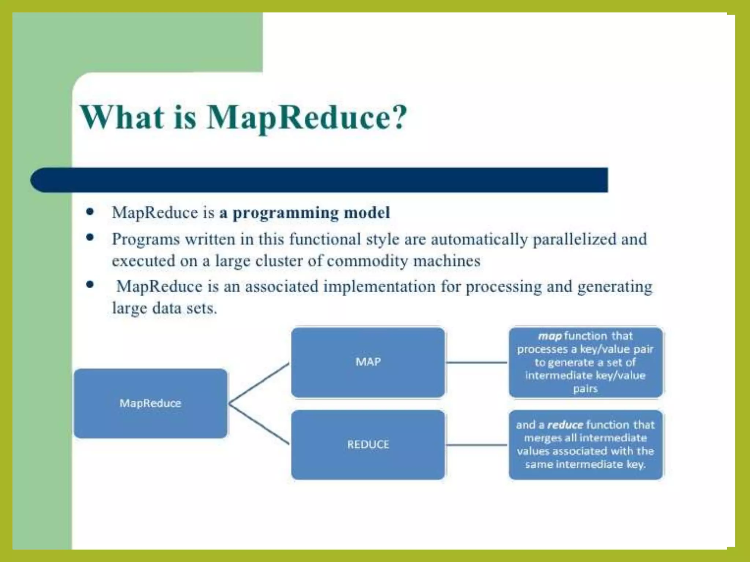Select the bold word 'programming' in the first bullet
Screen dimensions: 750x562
click(x=286, y=213)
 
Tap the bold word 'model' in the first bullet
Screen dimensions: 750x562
click(x=367, y=213)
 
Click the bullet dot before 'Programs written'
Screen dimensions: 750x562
click(x=90, y=238)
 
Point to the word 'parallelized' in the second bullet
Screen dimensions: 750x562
click(x=575, y=240)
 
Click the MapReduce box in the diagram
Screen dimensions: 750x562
click(x=151, y=403)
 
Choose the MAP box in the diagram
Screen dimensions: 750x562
click(x=368, y=362)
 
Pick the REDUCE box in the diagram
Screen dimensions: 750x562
click(x=368, y=445)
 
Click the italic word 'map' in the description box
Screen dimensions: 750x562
click(x=550, y=336)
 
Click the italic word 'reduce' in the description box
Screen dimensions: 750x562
click(x=565, y=425)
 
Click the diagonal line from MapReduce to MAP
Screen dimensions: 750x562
click(x=259, y=383)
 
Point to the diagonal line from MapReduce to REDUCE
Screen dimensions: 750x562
click(x=259, y=424)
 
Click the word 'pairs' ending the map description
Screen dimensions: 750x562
click(x=585, y=389)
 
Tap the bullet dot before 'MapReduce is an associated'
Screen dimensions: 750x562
click(x=90, y=285)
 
